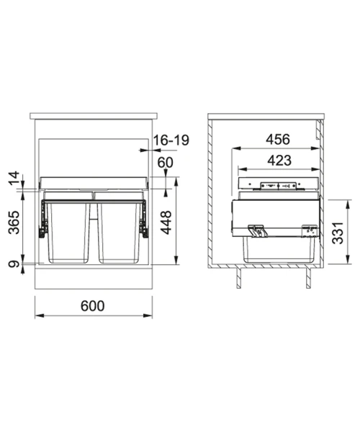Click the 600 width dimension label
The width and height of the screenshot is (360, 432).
click(93, 306)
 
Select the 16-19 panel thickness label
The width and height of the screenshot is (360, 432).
click(171, 140)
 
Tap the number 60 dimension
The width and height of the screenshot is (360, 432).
click(166, 163)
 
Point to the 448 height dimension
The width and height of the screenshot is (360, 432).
click(166, 222)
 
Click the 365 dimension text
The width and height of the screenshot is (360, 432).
click(14, 222)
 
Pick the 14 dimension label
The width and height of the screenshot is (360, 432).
click(14, 179)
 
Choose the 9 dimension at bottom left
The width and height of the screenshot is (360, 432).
click(14, 264)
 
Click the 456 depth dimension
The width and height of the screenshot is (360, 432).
click(278, 140)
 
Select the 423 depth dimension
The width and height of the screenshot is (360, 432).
click(279, 161)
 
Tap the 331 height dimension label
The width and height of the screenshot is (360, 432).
click(338, 233)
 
